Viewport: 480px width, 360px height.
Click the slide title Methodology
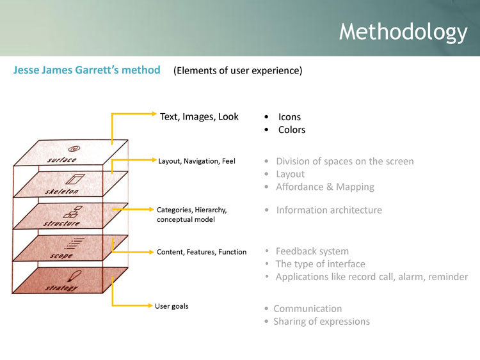tap(403, 31)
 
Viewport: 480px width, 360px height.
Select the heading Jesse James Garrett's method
tap(86, 70)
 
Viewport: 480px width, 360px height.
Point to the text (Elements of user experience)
tap(237, 71)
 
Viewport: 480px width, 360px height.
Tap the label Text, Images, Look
tap(199, 116)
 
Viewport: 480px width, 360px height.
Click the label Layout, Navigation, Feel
tap(196, 161)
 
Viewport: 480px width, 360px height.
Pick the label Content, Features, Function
tap(202, 252)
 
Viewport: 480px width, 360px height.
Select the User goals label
tap(172, 306)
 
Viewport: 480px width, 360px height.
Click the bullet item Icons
tap(289, 117)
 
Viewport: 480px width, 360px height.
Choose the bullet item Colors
tap(292, 130)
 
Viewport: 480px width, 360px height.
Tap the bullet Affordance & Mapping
tap(324, 187)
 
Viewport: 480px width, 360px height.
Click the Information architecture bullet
tap(328, 210)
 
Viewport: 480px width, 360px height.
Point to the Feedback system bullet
tap(312, 251)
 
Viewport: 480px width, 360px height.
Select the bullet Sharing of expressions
tap(321, 321)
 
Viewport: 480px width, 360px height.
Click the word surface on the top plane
tap(62, 160)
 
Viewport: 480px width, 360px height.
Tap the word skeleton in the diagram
tap(61, 191)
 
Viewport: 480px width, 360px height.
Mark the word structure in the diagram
tap(62, 224)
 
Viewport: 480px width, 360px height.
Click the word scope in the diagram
tap(61, 256)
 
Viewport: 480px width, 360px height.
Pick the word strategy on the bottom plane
tap(61, 288)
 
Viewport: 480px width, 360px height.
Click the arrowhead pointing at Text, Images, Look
tap(154, 114)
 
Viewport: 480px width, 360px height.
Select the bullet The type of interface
tap(320, 264)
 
